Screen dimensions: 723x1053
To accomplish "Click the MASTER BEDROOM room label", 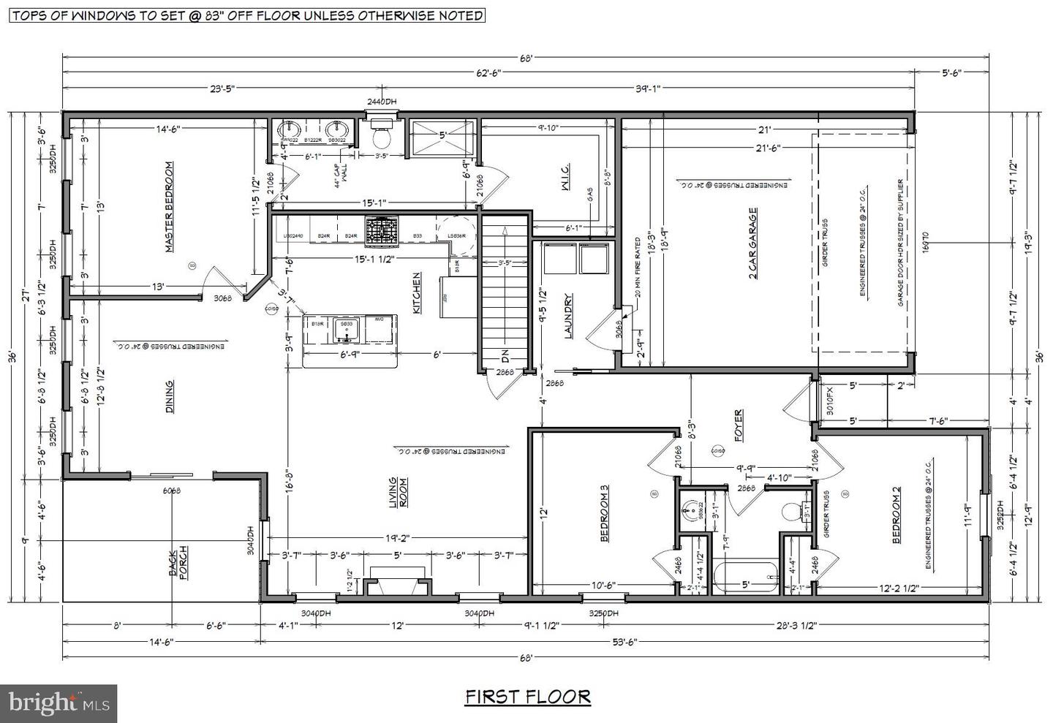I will point(169,207).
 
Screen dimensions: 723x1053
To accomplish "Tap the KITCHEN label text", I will point(417,293).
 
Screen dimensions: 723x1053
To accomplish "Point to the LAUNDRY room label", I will point(567,317).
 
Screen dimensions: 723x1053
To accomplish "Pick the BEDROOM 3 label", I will point(605,513).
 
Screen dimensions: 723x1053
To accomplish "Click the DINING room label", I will point(169,397).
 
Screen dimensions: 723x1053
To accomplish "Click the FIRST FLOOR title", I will point(527,697).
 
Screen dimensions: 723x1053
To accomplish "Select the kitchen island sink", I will point(343,330).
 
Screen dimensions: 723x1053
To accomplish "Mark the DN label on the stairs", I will point(505,358).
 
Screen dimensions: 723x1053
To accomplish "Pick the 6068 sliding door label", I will point(171,491).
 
